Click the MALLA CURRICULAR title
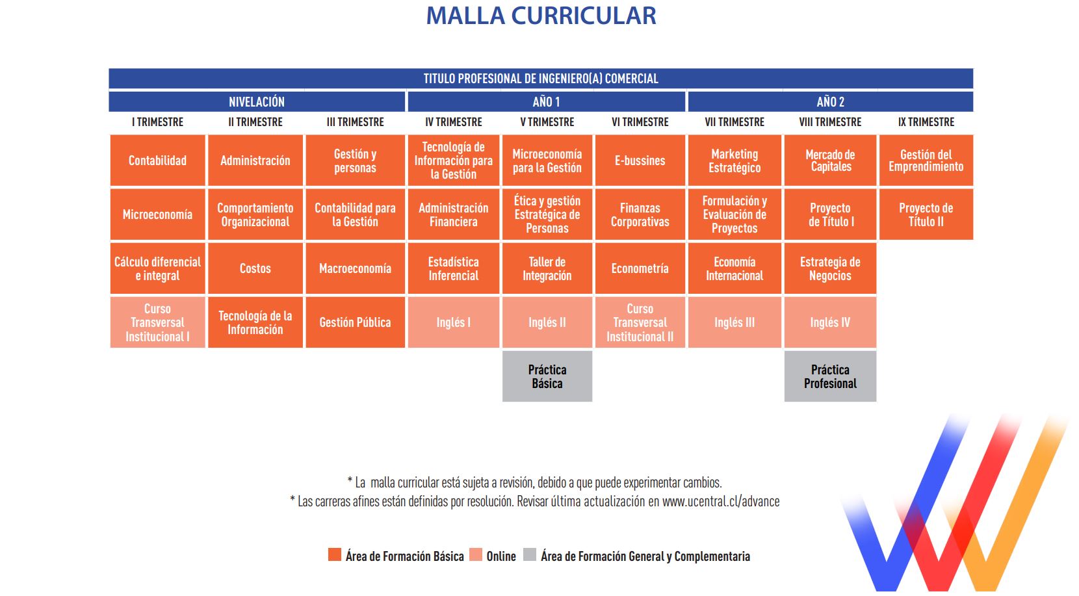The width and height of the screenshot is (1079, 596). tap(541, 16)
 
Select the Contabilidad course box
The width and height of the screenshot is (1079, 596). tap(157, 161)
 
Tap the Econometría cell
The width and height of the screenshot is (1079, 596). tap(640, 268)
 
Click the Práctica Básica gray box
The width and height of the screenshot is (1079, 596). tap(547, 376)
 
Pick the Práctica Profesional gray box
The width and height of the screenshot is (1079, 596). tap(830, 376)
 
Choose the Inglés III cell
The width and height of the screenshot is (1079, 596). tap(734, 322)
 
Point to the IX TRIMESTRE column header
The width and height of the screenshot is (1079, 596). tap(926, 122)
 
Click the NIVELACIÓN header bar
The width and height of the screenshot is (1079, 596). tap(257, 101)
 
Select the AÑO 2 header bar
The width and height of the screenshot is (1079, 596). tap(831, 101)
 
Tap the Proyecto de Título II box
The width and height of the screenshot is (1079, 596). tap(926, 214)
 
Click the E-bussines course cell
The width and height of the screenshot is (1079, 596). tap(640, 161)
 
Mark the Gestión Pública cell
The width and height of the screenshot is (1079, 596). tap(355, 322)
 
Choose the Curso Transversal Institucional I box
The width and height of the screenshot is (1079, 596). tap(157, 322)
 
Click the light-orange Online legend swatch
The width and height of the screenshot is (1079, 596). tap(476, 554)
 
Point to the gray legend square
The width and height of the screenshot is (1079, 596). tap(530, 554)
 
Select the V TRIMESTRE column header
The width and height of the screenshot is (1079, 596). tap(547, 122)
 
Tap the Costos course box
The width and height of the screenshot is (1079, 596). tap(255, 268)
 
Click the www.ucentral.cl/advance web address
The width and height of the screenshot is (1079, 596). tap(721, 502)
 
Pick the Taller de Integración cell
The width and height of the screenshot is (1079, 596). tap(547, 268)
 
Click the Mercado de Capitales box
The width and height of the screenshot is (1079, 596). tap(830, 161)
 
